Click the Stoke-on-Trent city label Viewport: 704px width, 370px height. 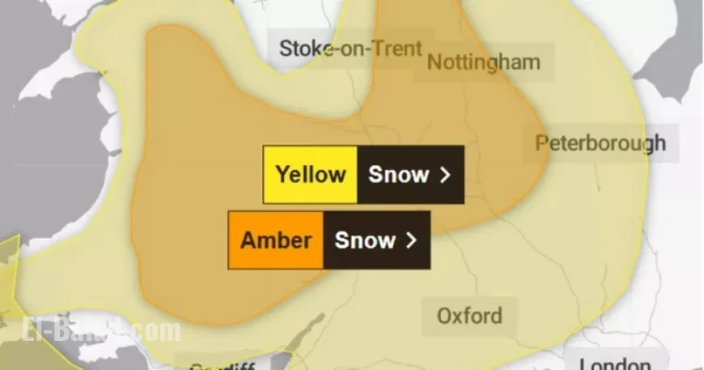[350, 49]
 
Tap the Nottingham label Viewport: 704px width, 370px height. [483, 62]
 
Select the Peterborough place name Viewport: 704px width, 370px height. [600, 143]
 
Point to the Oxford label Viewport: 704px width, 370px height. [469, 315]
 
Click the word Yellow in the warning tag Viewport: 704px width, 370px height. [311, 174]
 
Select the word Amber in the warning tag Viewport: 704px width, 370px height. [276, 240]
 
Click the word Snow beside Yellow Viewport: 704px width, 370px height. [398, 174]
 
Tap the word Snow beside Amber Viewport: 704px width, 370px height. [365, 240]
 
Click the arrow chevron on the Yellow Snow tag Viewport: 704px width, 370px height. [444, 175]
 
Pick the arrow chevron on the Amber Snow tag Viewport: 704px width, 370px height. [411, 240]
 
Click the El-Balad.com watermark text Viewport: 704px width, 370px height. [97, 331]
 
